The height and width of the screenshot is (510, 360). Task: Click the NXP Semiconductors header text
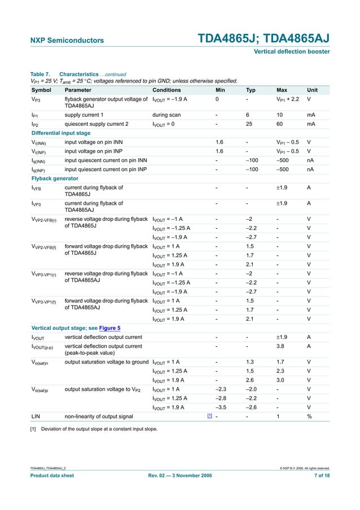tap(67, 41)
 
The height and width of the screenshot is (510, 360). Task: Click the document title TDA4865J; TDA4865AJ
tap(264, 39)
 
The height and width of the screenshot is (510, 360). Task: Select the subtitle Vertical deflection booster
tap(292, 52)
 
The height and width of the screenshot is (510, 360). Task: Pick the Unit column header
tap(312, 90)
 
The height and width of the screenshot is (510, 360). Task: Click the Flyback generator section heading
tap(55, 178)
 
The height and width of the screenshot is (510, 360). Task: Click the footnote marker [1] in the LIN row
tap(209, 416)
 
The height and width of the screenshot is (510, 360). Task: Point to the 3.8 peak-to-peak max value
tap(282, 346)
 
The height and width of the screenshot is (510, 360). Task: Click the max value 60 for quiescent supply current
tap(280, 124)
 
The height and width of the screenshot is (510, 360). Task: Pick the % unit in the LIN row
tap(309, 416)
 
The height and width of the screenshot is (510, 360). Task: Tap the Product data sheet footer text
tap(52, 476)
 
